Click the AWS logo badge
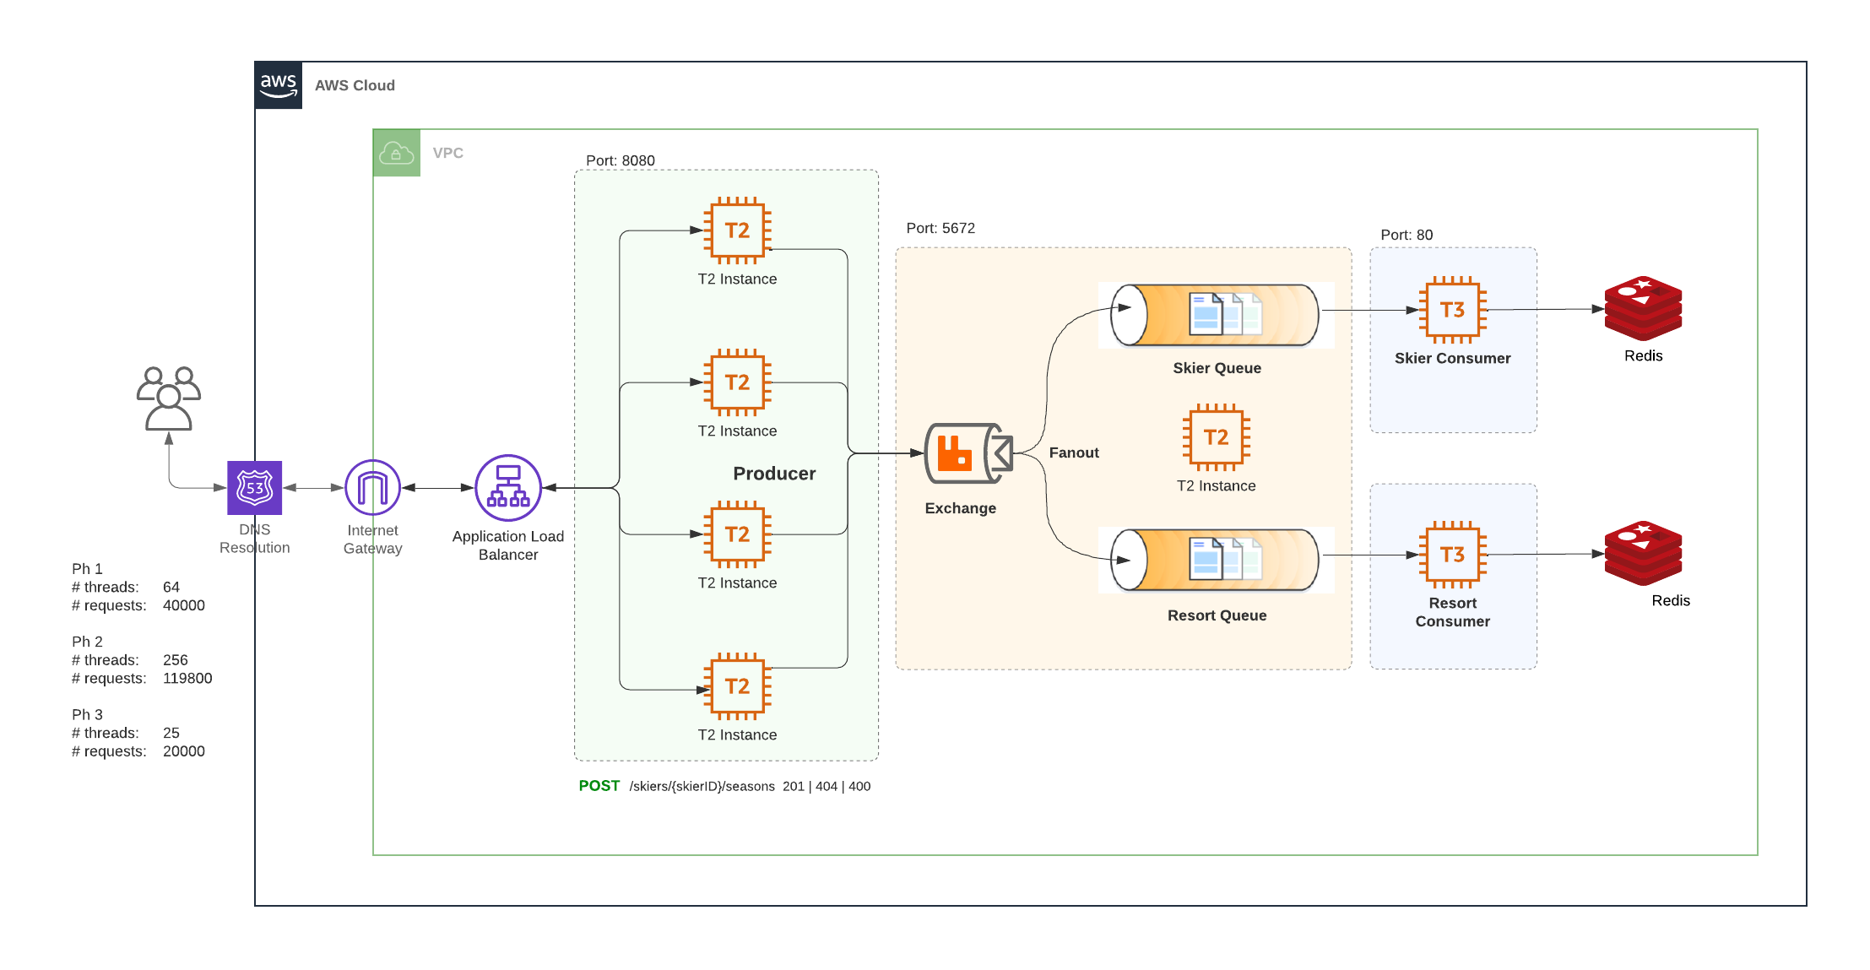tap(278, 85)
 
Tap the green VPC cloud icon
tap(396, 153)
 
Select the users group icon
tap(169, 398)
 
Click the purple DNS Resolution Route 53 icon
tap(255, 488)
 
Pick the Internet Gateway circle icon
tap(372, 487)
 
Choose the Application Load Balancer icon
tap(508, 488)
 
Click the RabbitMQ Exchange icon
tap(968, 453)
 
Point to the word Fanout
tap(1073, 452)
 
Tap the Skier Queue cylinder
tap(1216, 315)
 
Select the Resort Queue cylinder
tap(1216, 560)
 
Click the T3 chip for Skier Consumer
tap(1452, 310)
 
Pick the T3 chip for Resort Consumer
tap(1452, 555)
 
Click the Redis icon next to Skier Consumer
tap(1643, 309)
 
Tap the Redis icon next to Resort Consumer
tap(1643, 554)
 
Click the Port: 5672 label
tap(940, 228)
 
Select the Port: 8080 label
tap(621, 160)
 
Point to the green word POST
tap(599, 786)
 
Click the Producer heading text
tap(774, 474)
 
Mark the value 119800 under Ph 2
tap(187, 679)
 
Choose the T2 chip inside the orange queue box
tap(1216, 437)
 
